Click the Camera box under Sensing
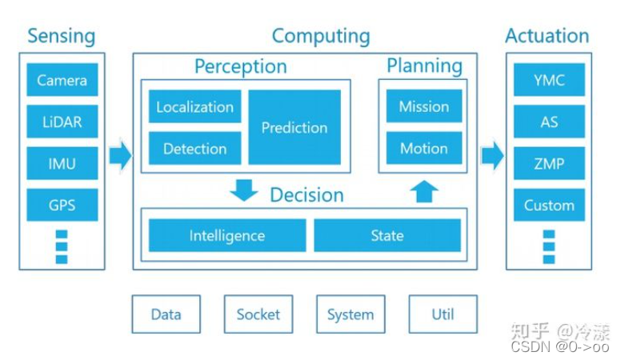[62, 80]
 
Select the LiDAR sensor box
[62, 122]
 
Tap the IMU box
[62, 163]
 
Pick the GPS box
[62, 205]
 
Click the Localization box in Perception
[194, 106]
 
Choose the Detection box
[194, 148]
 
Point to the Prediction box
[294, 127]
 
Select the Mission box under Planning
[423, 106]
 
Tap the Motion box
[423, 148]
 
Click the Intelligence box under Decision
[227, 236]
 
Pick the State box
[387, 236]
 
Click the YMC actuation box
[549, 80]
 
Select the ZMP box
[549, 163]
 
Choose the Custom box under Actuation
[549, 205]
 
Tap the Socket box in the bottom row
[258, 314]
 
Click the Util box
[443, 314]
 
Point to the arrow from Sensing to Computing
[120, 154]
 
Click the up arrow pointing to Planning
[424, 191]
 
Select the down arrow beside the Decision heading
[243, 190]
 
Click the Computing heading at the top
[321, 36]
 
